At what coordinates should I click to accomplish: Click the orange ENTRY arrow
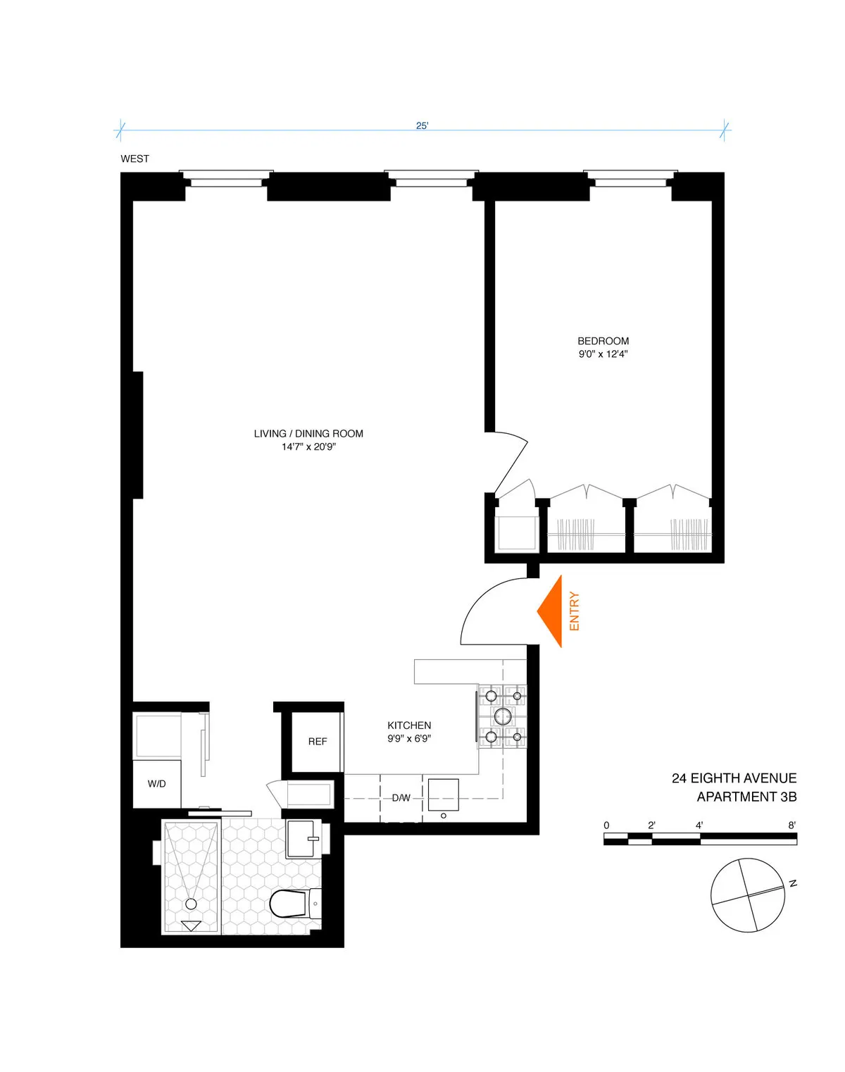[550, 611]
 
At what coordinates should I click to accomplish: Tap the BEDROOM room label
[603, 341]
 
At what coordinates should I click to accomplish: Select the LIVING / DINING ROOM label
[308, 434]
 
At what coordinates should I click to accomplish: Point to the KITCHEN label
[409, 725]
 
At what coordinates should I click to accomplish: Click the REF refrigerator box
[317, 742]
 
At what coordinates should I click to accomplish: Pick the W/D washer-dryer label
[156, 784]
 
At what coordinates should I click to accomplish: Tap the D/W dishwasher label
[401, 798]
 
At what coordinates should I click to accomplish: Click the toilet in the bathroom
[290, 904]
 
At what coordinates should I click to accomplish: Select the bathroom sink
[303, 838]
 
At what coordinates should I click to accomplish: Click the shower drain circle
[191, 904]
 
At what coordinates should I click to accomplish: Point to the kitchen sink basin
[443, 794]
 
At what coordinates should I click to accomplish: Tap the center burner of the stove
[503, 717]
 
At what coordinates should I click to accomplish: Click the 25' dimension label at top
[422, 126]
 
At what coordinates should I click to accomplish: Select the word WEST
[134, 159]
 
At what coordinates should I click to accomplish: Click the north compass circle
[747, 895]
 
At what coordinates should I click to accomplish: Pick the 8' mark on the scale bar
[792, 825]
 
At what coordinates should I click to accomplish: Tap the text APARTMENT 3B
[746, 797]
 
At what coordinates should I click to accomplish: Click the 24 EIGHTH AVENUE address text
[734, 778]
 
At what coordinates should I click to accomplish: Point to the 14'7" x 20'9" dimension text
[308, 447]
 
